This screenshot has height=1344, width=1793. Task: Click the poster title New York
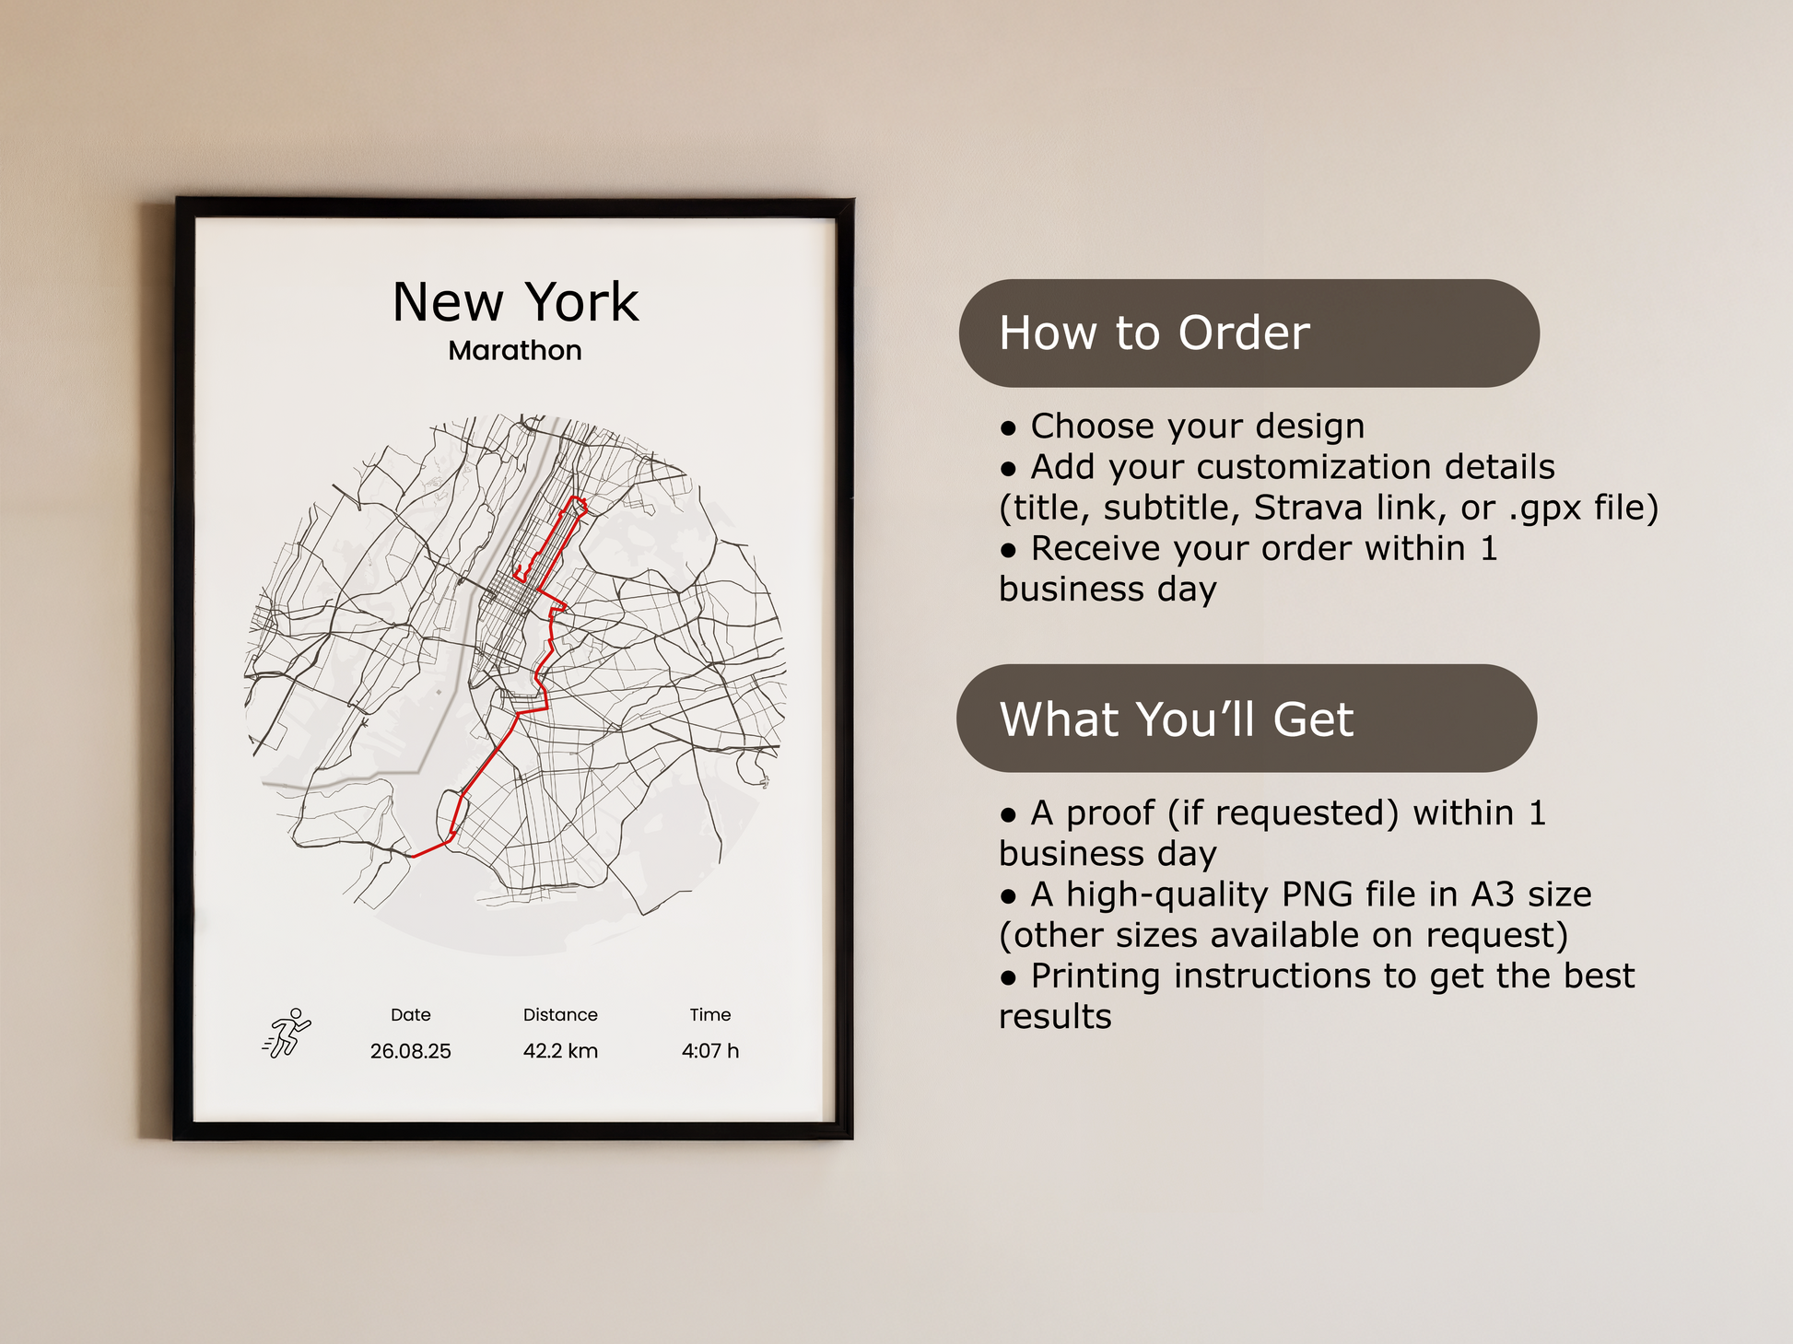pyautogui.click(x=515, y=302)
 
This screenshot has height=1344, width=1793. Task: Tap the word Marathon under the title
pyautogui.click(x=515, y=351)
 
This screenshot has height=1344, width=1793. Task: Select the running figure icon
pyautogui.click(x=287, y=1033)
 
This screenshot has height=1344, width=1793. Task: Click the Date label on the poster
pyautogui.click(x=410, y=1014)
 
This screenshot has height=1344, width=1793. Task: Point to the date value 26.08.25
pyautogui.click(x=410, y=1051)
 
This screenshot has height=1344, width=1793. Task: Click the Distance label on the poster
pyautogui.click(x=560, y=1014)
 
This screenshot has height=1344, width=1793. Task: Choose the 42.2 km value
pyautogui.click(x=560, y=1051)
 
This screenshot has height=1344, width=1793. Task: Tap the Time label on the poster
pyautogui.click(x=710, y=1014)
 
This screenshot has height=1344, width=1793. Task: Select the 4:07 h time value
pyautogui.click(x=710, y=1051)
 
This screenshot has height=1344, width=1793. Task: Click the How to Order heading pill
pyautogui.click(x=1248, y=333)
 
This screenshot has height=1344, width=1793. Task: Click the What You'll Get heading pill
pyautogui.click(x=1247, y=719)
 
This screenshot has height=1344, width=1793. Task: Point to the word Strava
pyautogui.click(x=1307, y=508)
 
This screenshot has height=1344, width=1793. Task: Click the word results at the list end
pyautogui.click(x=1055, y=1018)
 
